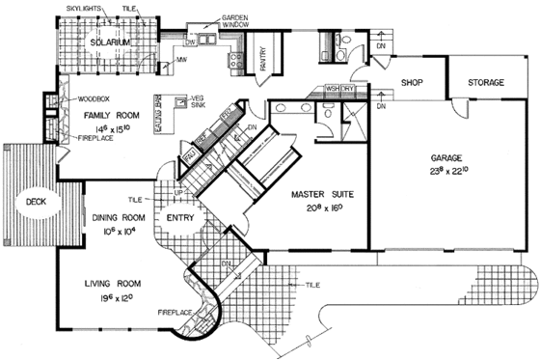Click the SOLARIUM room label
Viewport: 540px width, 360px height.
(x=103, y=44)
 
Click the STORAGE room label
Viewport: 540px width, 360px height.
(x=486, y=84)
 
